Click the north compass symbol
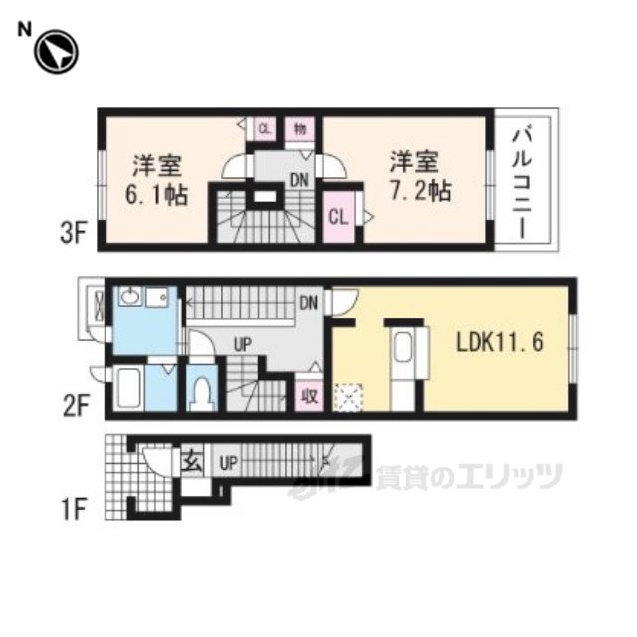point(56,52)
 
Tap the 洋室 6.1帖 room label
point(156,179)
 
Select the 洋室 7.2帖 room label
point(420,176)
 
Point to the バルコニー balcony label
point(522,183)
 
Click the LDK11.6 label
point(500,343)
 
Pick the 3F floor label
point(73,233)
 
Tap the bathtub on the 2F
point(128,388)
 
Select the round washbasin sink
point(130,296)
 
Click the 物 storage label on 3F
point(300,129)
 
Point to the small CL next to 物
point(265,129)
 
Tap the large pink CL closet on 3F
point(338,217)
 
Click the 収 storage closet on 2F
point(310,396)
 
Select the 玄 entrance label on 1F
point(192,461)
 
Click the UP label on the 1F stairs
point(229,462)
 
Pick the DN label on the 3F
point(299,180)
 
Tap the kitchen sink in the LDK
point(403,347)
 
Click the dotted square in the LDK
point(348,397)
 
